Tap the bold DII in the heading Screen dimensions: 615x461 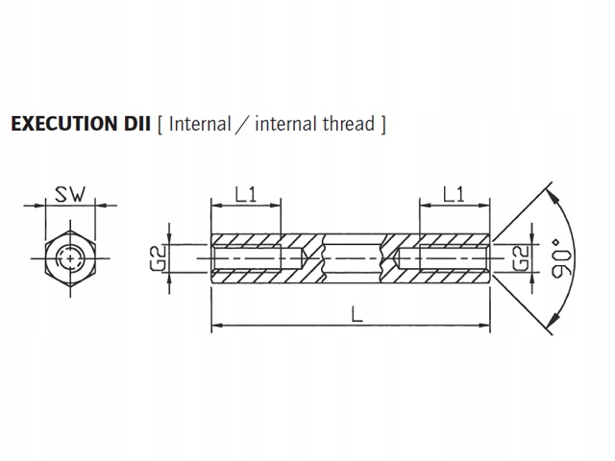135,124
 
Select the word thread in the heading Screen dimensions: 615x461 349,124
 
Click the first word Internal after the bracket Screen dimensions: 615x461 200,124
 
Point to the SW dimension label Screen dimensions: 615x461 70,194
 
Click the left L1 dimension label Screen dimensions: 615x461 246,194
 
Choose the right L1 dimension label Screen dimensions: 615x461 455,194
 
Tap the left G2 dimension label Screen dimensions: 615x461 158,258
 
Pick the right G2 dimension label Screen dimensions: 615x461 521,258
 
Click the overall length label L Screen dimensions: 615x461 357,314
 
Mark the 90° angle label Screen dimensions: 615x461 561,257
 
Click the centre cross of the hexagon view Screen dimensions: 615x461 70,258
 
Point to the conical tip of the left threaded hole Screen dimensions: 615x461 305,258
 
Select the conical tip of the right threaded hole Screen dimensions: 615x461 396,258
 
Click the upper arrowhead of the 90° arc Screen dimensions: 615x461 553,197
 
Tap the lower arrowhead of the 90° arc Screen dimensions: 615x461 553,320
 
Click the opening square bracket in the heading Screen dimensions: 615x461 160,125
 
